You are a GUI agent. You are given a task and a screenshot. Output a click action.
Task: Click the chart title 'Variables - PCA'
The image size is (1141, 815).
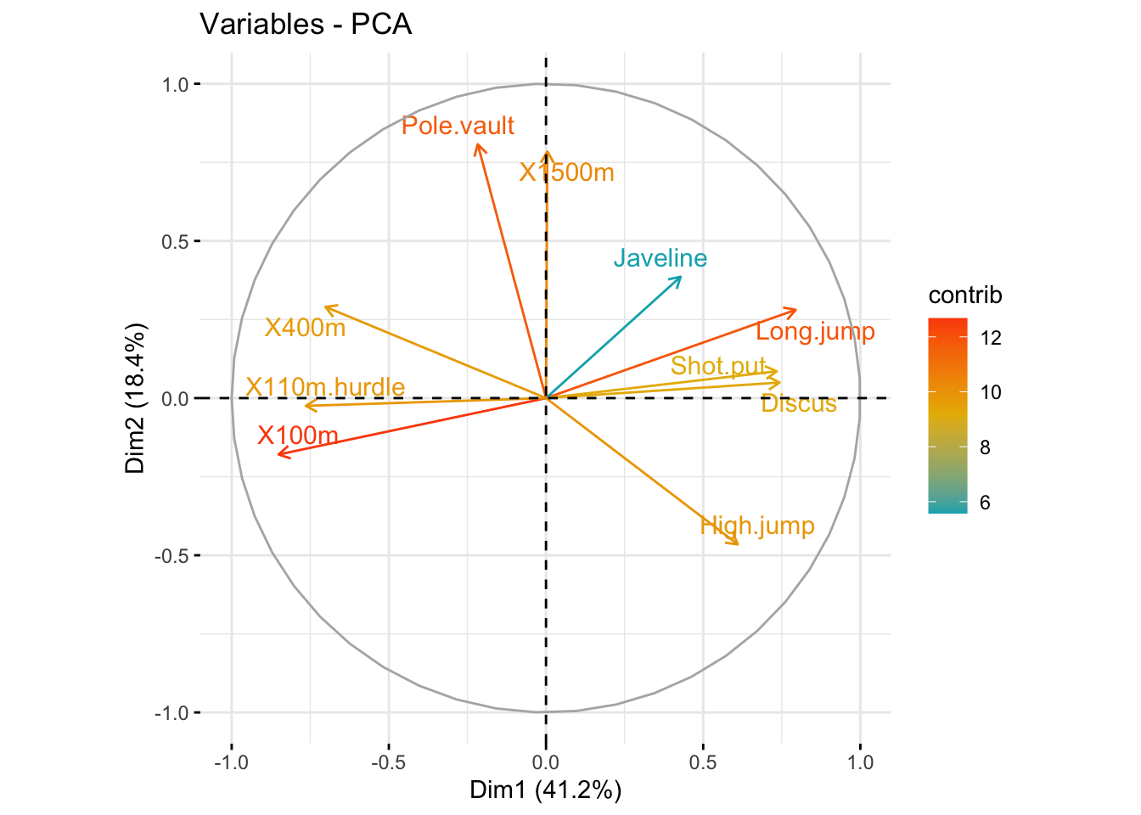click(306, 24)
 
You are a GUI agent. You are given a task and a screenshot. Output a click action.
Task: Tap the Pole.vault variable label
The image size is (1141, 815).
click(458, 126)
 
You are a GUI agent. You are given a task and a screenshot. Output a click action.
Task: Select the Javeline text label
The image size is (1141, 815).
click(660, 258)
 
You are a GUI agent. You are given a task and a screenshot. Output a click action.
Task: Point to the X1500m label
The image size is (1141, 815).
click(567, 172)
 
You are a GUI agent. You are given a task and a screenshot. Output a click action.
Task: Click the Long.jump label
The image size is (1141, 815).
click(815, 332)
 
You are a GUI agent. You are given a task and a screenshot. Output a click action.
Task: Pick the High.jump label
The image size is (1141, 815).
click(757, 526)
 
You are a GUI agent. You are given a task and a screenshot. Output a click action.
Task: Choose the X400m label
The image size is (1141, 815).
click(305, 328)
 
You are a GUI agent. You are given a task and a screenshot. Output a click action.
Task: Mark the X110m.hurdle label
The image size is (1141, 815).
click(325, 387)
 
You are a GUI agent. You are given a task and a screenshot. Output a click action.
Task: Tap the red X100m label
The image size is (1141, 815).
click(298, 436)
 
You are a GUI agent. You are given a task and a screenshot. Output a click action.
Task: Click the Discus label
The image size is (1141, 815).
click(798, 404)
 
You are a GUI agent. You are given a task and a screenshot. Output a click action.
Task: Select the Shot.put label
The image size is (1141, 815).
click(718, 366)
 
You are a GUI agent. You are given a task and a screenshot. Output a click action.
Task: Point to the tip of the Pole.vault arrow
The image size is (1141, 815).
click(478, 145)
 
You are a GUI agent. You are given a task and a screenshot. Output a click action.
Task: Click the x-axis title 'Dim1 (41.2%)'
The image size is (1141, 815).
click(545, 790)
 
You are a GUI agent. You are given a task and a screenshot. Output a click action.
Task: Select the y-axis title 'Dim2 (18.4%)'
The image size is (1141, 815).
click(136, 398)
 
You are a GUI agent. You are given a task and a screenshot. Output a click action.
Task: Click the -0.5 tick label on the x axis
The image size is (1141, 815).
click(388, 762)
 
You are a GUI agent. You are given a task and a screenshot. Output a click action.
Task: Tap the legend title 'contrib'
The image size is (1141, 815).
click(965, 295)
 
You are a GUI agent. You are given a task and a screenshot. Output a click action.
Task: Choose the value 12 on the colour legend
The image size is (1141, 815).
click(990, 338)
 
